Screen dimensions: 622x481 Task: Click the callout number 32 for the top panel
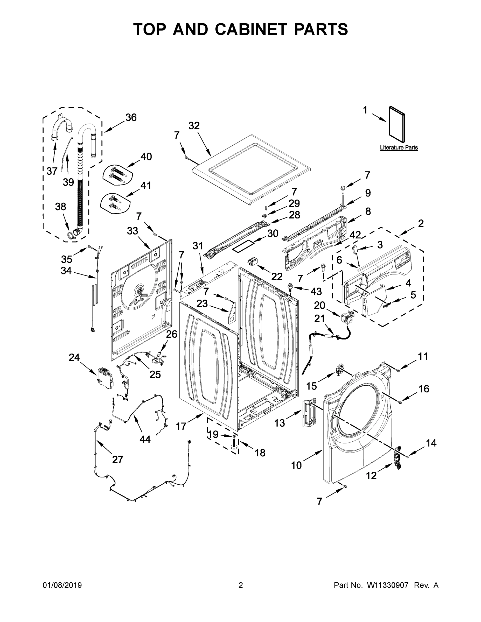(x=194, y=126)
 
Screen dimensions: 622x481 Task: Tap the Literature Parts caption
(x=399, y=147)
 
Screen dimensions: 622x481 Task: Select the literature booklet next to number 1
(x=397, y=125)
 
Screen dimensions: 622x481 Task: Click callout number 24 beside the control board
(x=74, y=357)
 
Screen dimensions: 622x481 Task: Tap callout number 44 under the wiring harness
(x=145, y=440)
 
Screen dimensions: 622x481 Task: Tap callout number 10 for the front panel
(x=296, y=465)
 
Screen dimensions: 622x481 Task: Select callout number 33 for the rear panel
(x=132, y=231)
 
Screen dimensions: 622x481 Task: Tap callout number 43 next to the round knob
(x=316, y=291)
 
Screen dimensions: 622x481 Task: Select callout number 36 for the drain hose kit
(x=131, y=117)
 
